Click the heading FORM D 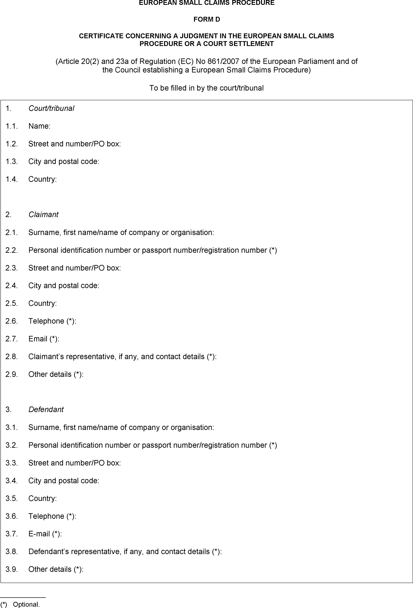coord(206,19)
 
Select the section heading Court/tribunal coord(51,108)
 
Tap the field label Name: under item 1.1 coord(39,126)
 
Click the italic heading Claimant coord(43,215)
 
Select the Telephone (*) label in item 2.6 coord(52,321)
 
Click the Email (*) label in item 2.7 coord(44,339)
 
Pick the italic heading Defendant coord(46,409)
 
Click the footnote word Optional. coord(26,604)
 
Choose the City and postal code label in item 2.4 coord(64,285)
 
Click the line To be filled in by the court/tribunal coord(206,88)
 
